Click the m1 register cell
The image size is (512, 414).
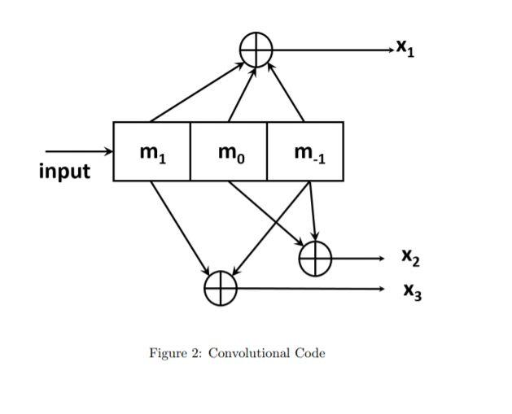(x=151, y=151)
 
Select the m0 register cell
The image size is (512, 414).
(x=228, y=151)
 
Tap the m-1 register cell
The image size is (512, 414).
(x=305, y=151)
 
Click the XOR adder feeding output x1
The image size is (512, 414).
(x=256, y=50)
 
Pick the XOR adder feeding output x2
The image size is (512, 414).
(x=315, y=259)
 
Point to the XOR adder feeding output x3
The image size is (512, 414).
(x=220, y=288)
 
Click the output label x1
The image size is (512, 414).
(x=405, y=50)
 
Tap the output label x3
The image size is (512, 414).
(x=410, y=290)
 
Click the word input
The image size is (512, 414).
(x=64, y=172)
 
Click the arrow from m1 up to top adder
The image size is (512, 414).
(x=198, y=91)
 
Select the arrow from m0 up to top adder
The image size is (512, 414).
(x=242, y=94)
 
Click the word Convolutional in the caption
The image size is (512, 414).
(x=249, y=353)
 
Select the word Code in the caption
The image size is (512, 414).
(x=309, y=353)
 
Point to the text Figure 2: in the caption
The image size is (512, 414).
(x=175, y=353)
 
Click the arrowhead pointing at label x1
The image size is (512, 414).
(x=389, y=50)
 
